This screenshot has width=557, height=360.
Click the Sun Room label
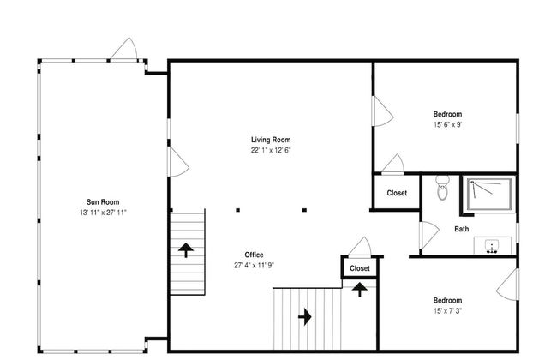pyautogui.click(x=103, y=201)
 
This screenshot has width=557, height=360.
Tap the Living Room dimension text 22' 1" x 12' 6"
pyautogui.click(x=271, y=150)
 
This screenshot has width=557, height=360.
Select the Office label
pyautogui.click(x=254, y=255)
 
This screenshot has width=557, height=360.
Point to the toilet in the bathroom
pyautogui.click(x=443, y=187)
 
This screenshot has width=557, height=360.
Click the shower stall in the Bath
pyautogui.click(x=489, y=195)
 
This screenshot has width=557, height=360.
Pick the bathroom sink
pyautogui.click(x=493, y=245)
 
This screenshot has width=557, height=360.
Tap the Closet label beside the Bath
pyautogui.click(x=397, y=193)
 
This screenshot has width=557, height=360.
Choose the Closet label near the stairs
pyautogui.click(x=360, y=268)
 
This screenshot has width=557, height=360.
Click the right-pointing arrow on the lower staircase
pyautogui.click(x=305, y=316)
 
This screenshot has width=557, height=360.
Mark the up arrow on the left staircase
pyautogui.click(x=186, y=250)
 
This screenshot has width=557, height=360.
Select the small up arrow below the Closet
pyautogui.click(x=360, y=290)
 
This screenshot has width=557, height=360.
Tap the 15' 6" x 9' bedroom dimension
pyautogui.click(x=447, y=125)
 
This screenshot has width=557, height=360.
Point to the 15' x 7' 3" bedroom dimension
pyautogui.click(x=447, y=311)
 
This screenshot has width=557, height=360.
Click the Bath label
pyautogui.click(x=461, y=229)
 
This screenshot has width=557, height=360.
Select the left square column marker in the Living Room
pyautogui.click(x=237, y=210)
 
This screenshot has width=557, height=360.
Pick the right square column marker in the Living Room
pyautogui.click(x=304, y=210)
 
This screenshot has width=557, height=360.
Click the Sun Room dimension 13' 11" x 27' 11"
pyautogui.click(x=103, y=213)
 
